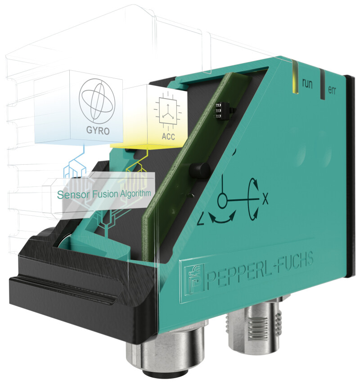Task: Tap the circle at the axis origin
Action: tap(222, 201)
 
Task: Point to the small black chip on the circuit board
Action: tap(220, 110)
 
